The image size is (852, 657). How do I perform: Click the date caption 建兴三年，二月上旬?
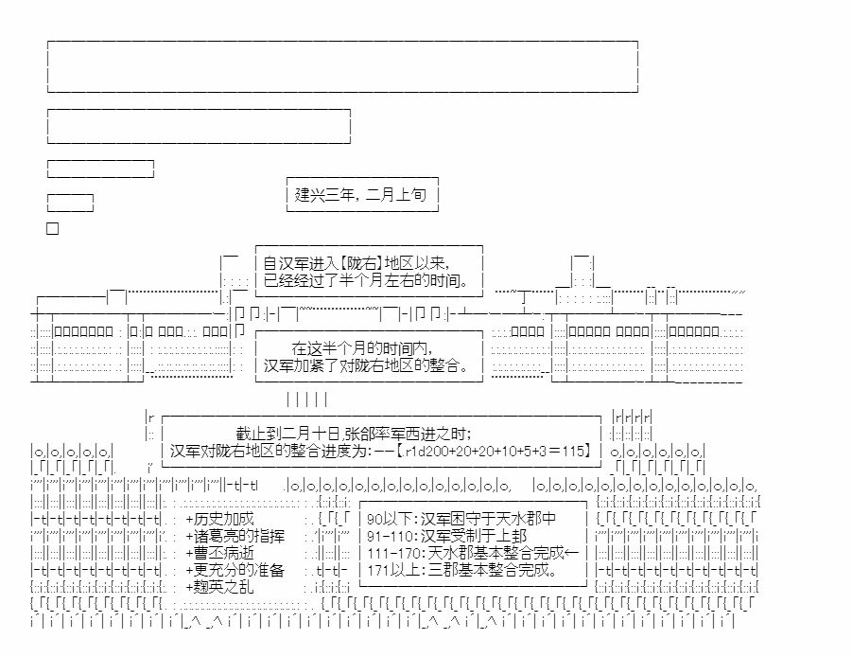pos(360,194)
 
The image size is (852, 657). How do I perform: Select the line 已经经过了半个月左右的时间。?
pos(366,280)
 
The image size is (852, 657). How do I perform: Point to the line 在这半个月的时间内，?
pos(362,348)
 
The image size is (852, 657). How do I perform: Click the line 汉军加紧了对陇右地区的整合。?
pos(367,364)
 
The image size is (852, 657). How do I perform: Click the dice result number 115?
pos(573,451)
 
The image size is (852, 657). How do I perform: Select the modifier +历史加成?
pos(219,519)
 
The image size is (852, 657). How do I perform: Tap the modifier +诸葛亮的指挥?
pos(235,536)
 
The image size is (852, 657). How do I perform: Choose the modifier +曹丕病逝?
pos(219,553)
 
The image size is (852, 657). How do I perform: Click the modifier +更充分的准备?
pos(235,570)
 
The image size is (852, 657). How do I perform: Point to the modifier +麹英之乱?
pos(219,587)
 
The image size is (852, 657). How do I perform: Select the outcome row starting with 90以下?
pos(461,519)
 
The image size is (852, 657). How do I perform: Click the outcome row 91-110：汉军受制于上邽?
pos(446,536)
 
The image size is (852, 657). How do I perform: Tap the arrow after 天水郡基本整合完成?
pos(571,553)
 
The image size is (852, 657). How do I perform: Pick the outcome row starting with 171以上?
pos(462,570)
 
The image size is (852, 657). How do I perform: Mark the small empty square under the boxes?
pos(53,228)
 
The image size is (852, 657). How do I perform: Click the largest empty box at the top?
pos(342,41)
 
